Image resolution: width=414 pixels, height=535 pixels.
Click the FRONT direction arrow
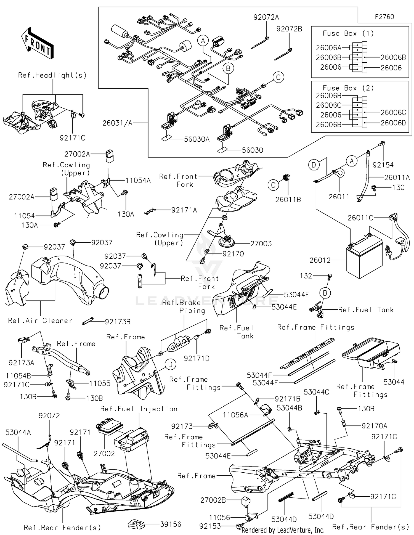tap(37, 43)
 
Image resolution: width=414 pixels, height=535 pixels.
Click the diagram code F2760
tap(384, 17)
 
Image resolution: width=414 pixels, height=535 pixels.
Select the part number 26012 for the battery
tap(320, 260)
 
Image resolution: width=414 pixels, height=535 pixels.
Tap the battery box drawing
tap(364, 259)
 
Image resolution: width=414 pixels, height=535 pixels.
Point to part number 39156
tap(170, 524)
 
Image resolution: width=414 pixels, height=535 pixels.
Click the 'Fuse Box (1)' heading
tap(348, 33)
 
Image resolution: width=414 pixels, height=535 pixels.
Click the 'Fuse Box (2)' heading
tap(348, 88)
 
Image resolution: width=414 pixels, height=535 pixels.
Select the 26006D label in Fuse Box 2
tap(393, 123)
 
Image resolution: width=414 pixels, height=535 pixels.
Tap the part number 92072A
tap(266, 17)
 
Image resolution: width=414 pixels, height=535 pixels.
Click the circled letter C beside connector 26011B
tap(273, 185)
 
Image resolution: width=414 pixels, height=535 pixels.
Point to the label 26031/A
tap(117, 123)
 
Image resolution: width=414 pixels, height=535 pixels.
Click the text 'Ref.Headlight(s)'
tap(52, 75)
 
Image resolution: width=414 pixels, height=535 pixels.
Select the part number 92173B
tap(118, 322)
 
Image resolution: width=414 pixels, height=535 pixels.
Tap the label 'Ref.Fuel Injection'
tap(139, 409)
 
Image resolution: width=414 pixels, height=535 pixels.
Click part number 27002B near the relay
tap(213, 500)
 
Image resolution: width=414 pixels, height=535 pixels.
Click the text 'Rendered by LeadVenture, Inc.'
tap(283, 530)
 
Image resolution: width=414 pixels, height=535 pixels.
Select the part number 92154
tap(383, 165)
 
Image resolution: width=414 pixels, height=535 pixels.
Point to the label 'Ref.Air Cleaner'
tap(40, 321)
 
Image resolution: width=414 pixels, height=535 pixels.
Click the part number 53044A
tap(18, 432)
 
